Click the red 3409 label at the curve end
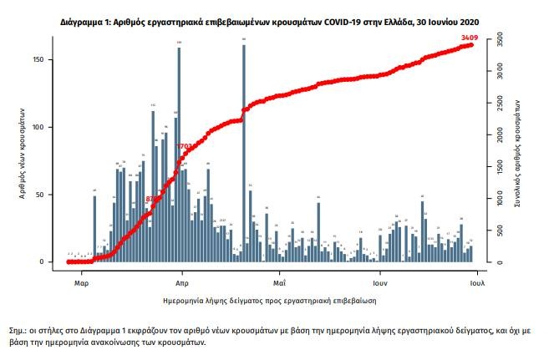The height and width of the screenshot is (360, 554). tap(470, 38)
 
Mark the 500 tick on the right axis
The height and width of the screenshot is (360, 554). tap(498, 231)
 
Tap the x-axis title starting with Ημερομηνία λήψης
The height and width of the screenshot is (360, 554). tap(268, 298)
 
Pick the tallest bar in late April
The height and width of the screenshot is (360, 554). tap(243, 150)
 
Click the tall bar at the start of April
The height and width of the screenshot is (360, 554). tap(179, 155)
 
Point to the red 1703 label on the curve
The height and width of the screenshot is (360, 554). tap(185, 147)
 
